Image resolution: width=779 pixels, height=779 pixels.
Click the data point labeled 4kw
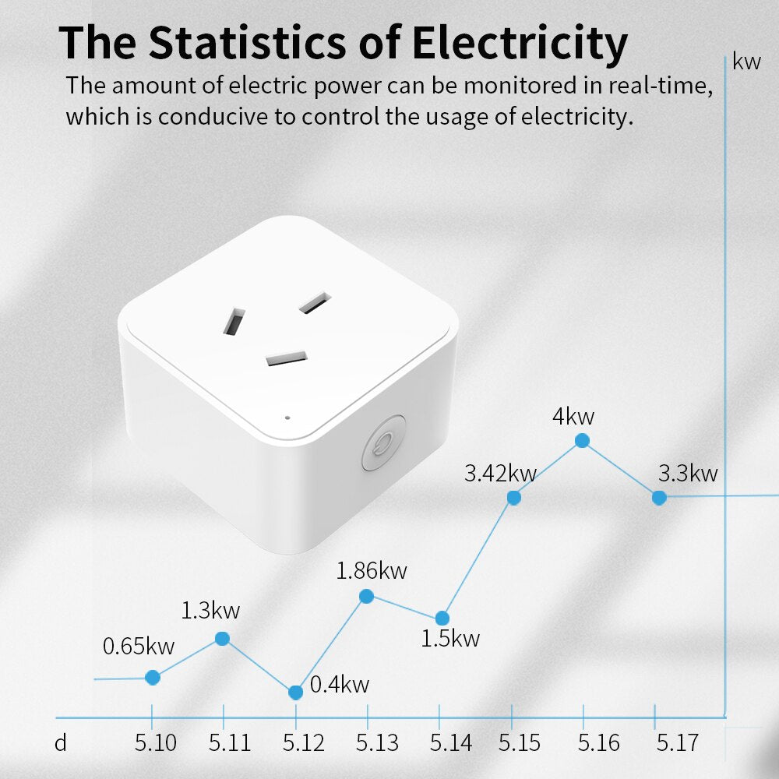pos(582,441)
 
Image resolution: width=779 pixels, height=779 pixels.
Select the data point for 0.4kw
pos(295,693)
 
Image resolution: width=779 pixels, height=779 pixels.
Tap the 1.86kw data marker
pos(366,597)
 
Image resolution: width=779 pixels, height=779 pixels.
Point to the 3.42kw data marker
pos(513,498)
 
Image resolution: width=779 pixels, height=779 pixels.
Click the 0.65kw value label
pos(139,646)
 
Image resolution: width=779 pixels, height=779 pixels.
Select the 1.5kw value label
pos(450,639)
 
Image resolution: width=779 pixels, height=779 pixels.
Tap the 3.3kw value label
pos(687,473)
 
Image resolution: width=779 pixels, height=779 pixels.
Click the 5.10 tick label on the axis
pos(155,742)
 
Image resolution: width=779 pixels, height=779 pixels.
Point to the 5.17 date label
pos(677,742)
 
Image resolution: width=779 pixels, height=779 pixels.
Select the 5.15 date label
pos(520,742)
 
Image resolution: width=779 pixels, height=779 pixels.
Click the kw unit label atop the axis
pos(746,62)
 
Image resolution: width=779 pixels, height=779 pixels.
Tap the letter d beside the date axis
pos(61,742)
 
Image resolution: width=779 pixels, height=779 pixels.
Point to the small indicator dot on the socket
pos(287,418)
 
